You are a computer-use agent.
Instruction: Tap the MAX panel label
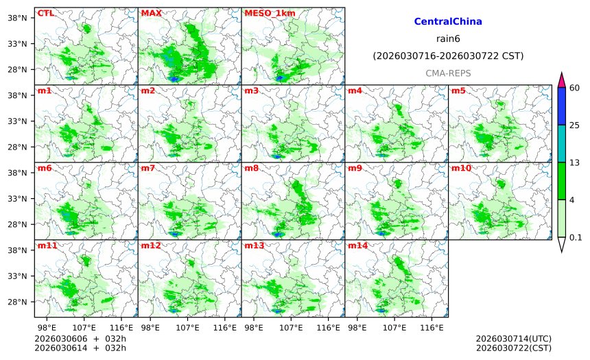151,13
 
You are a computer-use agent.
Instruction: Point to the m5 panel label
458,91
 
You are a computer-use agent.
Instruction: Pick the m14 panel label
358,245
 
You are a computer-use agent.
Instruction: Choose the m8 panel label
252,168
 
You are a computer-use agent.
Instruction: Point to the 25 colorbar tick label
575,125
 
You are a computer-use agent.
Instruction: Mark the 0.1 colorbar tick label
576,238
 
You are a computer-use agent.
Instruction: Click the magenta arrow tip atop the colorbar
561,80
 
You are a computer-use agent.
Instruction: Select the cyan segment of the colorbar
561,143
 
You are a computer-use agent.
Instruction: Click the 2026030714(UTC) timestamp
513,339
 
